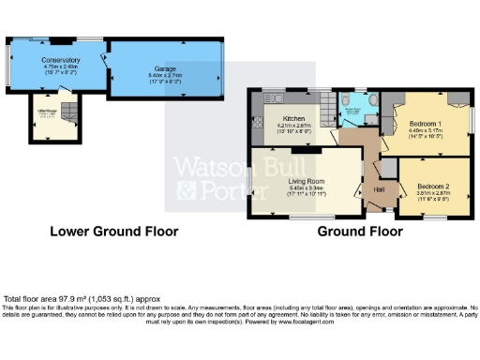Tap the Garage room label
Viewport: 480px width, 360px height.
(x=166, y=68)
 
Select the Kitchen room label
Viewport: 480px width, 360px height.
(x=291, y=118)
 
